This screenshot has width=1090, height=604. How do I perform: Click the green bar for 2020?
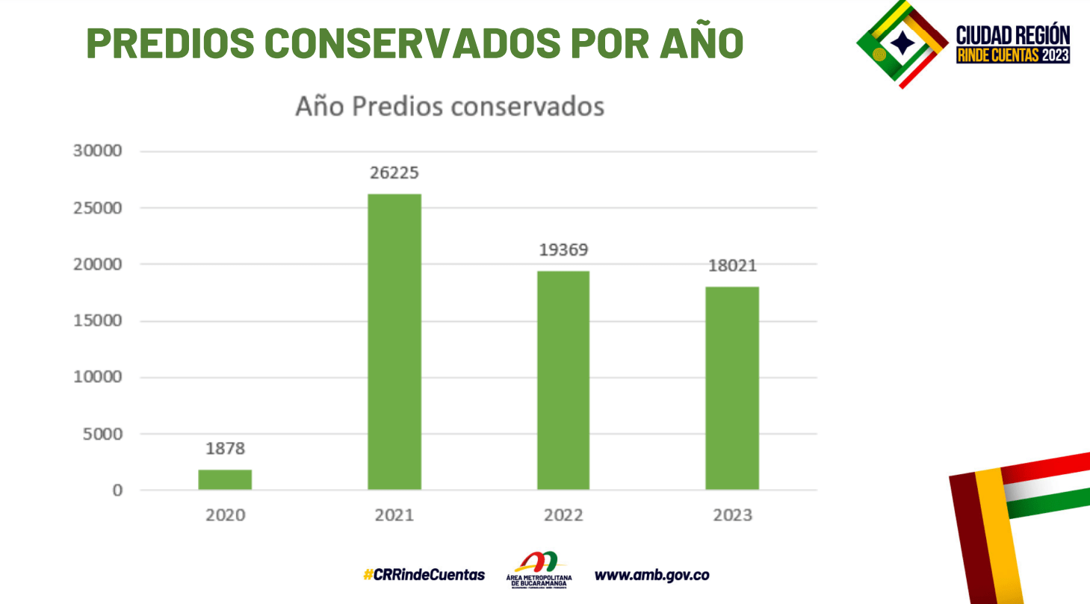click(x=225, y=479)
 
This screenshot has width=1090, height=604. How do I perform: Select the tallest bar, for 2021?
click(x=394, y=342)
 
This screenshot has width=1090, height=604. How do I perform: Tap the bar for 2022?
click(x=563, y=380)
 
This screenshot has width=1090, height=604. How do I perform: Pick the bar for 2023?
click(x=732, y=388)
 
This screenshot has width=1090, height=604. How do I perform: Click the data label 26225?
click(x=394, y=173)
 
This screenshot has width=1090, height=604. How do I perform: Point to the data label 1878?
click(x=225, y=449)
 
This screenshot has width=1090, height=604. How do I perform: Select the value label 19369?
click(x=563, y=250)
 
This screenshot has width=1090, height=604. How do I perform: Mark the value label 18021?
click(x=732, y=266)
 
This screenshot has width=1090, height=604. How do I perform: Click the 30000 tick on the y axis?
click(x=97, y=151)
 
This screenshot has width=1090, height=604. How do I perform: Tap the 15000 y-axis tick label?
click(x=97, y=321)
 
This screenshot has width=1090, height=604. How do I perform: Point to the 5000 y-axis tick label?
click(x=102, y=434)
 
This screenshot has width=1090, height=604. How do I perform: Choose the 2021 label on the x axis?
click(x=394, y=515)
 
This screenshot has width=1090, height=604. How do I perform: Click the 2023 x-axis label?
click(x=732, y=515)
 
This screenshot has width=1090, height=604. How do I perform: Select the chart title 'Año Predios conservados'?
click(x=450, y=107)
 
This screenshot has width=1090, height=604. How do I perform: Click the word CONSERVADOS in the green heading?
click(x=412, y=43)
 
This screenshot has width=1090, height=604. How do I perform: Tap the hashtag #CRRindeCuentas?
click(x=424, y=575)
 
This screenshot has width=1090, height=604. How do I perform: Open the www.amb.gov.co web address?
click(x=651, y=575)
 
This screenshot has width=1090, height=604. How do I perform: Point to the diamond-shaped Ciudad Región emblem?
click(x=902, y=43)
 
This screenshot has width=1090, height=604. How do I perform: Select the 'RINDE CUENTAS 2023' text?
click(x=1013, y=55)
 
